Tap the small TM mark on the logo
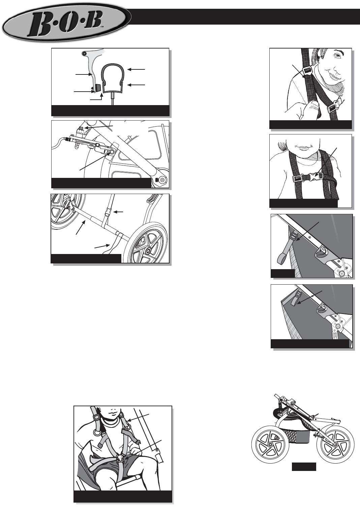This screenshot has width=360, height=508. [x=102, y=27]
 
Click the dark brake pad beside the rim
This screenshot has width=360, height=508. [x=98, y=87]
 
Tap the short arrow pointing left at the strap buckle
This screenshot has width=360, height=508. [x=118, y=212]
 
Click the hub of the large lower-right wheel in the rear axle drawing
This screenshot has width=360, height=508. [x=148, y=251]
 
